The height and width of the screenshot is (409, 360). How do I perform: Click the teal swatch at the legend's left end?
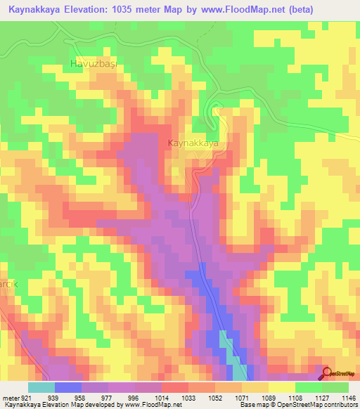point(41,387)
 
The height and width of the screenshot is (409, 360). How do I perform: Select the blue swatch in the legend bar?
point(67,387)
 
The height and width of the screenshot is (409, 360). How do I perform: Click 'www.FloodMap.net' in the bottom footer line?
point(152,405)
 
